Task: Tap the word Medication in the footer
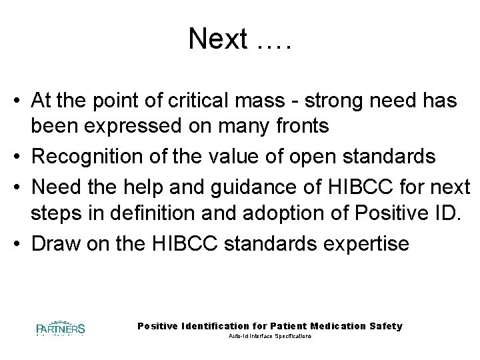pyautogui.click(x=335, y=326)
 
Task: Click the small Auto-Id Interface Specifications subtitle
pyautogui.click(x=270, y=337)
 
